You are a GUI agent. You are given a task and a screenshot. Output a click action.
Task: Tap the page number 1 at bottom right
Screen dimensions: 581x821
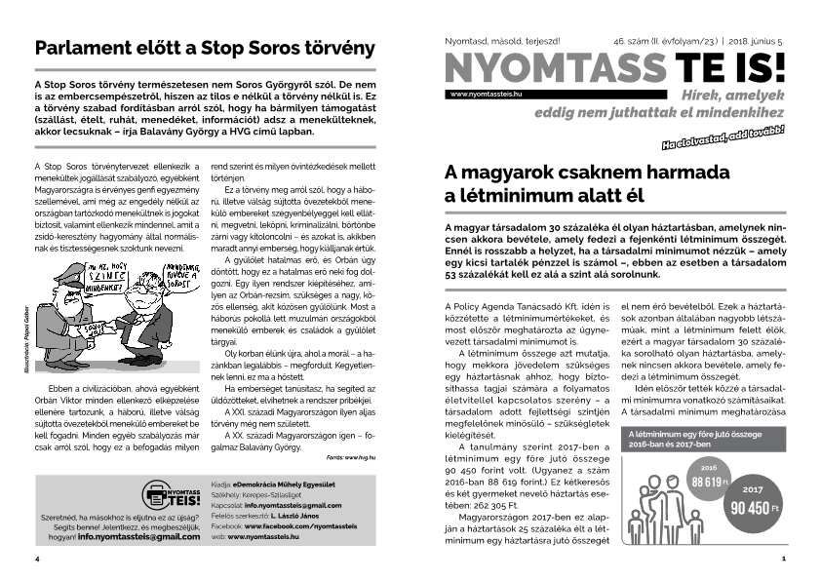pyautogui.click(x=783, y=560)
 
